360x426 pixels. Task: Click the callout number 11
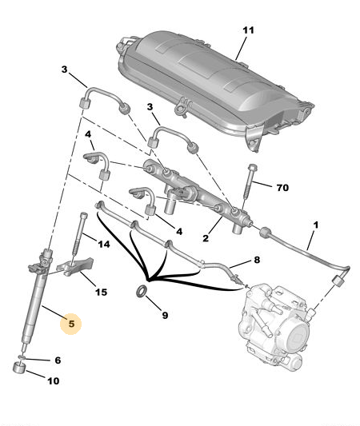click(x=248, y=30)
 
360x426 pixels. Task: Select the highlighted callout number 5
click(x=71, y=324)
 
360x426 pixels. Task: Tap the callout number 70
click(x=282, y=188)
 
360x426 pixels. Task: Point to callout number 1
click(x=315, y=225)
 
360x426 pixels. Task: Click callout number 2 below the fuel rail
click(x=206, y=238)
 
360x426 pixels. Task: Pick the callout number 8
click(x=257, y=260)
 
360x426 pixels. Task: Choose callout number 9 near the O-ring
click(x=165, y=315)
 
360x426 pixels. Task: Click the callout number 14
click(x=104, y=244)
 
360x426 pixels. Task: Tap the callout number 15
click(x=101, y=292)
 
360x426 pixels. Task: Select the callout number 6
click(x=58, y=360)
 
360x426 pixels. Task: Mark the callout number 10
click(x=54, y=380)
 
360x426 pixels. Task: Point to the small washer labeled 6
click(x=22, y=356)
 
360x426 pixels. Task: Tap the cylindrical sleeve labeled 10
click(x=19, y=368)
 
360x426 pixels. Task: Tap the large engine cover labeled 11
click(x=215, y=88)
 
